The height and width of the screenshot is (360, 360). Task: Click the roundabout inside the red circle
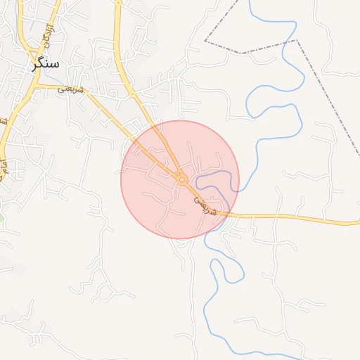click(181, 180)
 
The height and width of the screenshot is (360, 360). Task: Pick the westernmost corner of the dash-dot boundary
click(205, 41)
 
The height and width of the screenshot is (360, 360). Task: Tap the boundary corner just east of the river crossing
click(296, 40)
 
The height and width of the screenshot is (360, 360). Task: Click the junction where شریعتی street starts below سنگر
click(37, 86)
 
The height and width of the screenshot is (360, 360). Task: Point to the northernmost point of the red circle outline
click(180, 120)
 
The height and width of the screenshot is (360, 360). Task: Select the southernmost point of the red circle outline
click(180, 239)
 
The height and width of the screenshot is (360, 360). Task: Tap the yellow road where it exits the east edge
click(357, 223)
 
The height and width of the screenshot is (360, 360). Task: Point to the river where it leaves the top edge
click(249, 1)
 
